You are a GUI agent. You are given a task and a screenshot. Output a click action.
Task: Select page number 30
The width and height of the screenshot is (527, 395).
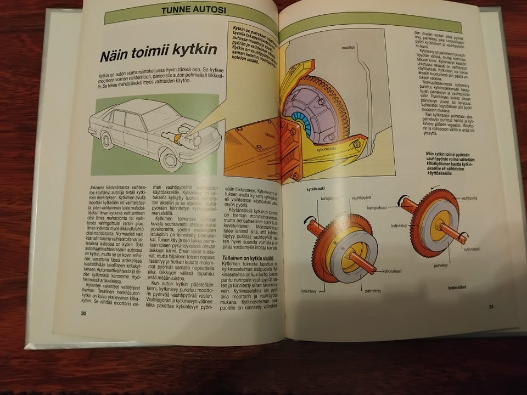tap(84, 313)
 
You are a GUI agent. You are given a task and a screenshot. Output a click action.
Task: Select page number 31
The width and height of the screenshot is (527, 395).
tap(491, 306)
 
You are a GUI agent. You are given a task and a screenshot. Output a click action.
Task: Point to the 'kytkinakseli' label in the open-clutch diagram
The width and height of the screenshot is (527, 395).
tap(392, 270)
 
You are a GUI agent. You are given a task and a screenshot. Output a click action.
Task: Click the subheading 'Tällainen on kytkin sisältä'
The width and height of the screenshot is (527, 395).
tap(248, 258)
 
